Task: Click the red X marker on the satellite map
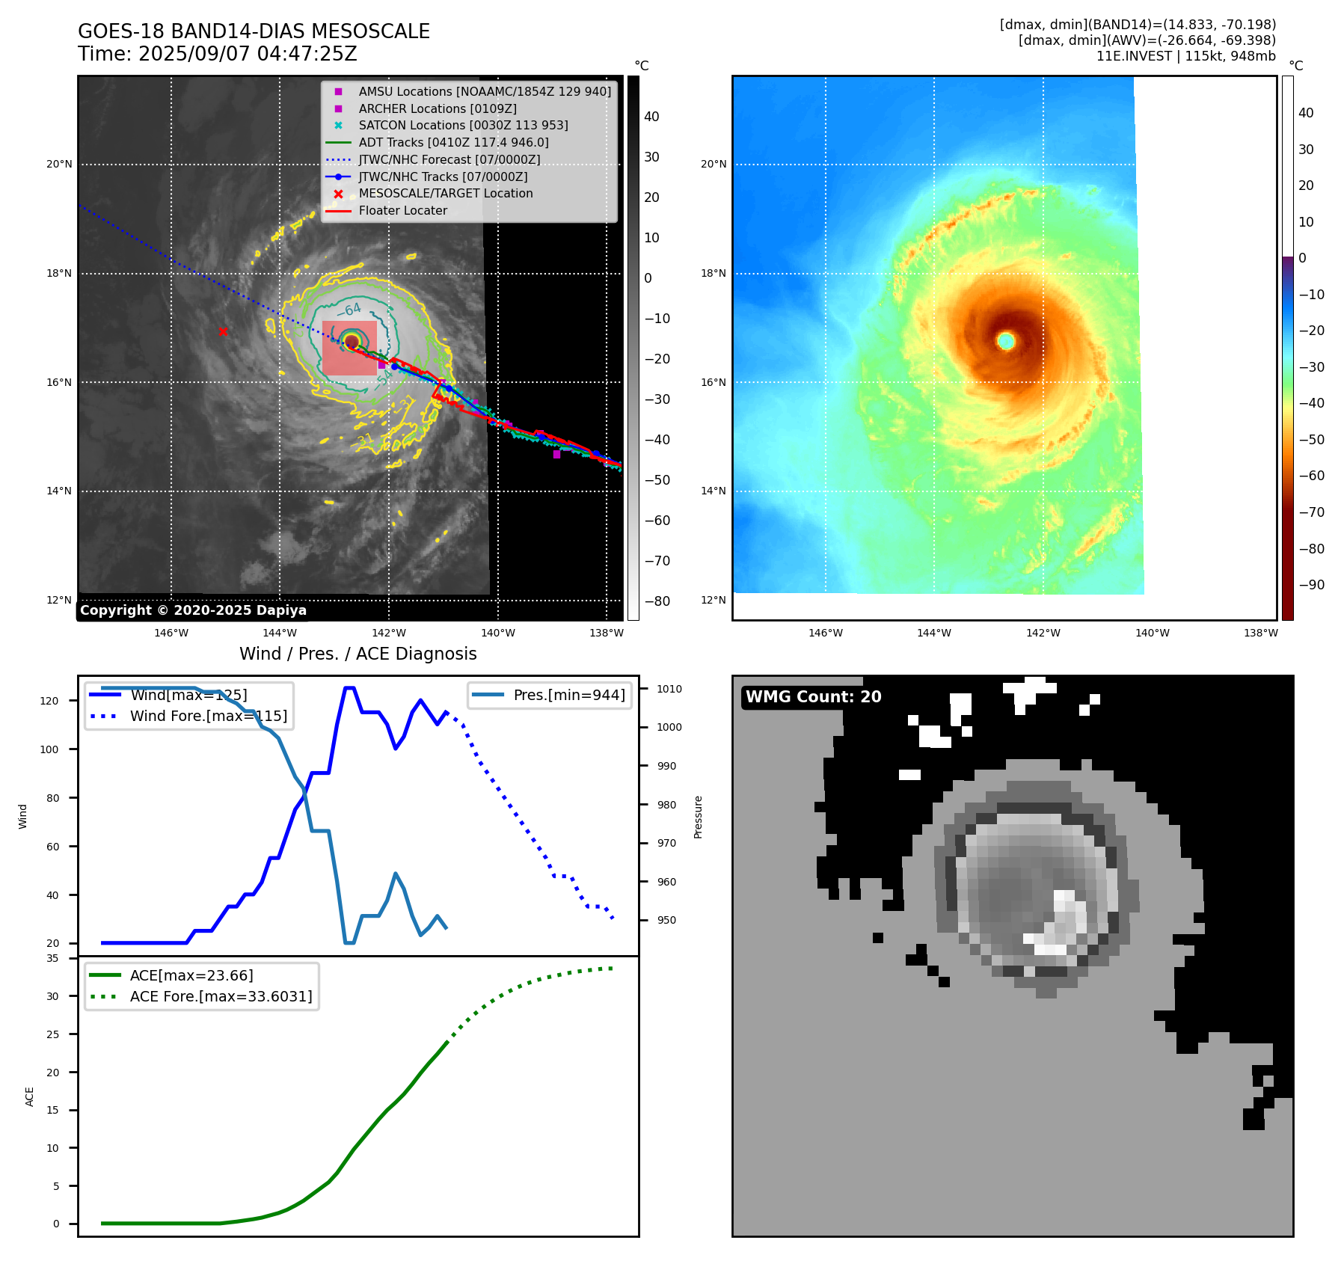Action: point(223,331)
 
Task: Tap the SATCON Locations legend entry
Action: point(463,125)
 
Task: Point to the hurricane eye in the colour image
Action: point(1006,341)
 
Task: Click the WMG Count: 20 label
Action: point(813,697)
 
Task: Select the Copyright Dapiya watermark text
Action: point(193,610)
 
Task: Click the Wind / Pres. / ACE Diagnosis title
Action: point(358,654)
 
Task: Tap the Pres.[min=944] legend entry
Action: point(568,695)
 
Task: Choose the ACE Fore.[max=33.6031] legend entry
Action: point(221,996)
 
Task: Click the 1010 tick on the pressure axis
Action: point(669,689)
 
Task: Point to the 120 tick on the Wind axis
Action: point(49,701)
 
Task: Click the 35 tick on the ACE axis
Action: point(52,958)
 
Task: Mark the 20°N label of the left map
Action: point(60,165)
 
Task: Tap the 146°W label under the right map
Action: point(826,633)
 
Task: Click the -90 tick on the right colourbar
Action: point(1310,585)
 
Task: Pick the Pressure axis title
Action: point(698,817)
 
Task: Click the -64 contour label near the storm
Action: point(349,309)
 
